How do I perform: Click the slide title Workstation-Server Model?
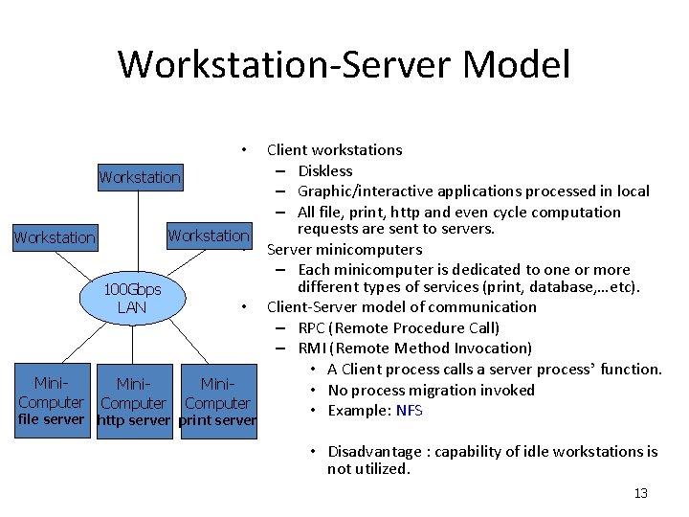(x=344, y=65)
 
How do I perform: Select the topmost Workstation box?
(x=140, y=177)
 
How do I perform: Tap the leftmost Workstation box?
(x=55, y=237)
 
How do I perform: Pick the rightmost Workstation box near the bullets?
(x=208, y=236)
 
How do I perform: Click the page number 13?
(x=640, y=493)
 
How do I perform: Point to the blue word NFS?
(x=409, y=411)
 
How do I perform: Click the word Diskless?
(x=325, y=170)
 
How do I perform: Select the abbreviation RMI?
(x=314, y=348)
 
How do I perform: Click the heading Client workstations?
(x=334, y=149)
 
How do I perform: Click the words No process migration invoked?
(x=431, y=390)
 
